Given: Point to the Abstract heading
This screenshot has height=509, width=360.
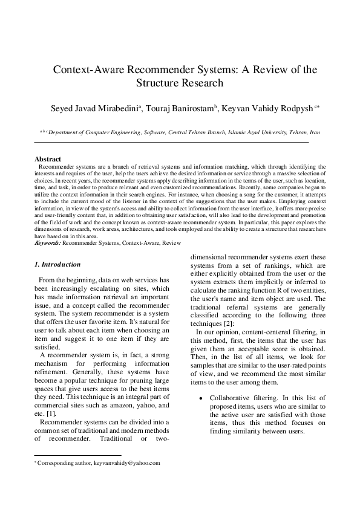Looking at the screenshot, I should (x=48, y=159).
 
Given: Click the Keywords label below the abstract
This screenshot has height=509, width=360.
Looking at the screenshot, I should (x=47, y=242).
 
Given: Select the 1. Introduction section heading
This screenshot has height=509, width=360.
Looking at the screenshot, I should (x=57, y=264).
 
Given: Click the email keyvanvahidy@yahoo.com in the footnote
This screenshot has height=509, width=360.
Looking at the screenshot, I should (x=126, y=462).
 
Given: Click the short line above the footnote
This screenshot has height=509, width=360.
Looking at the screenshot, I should (x=77, y=455).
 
